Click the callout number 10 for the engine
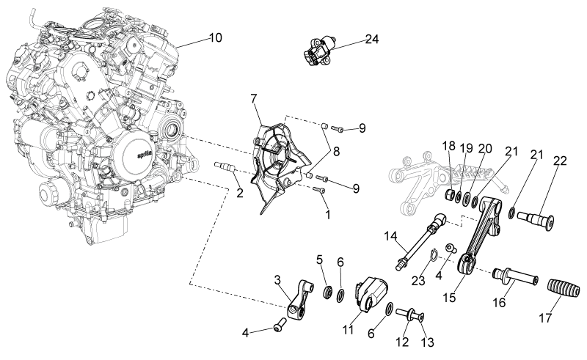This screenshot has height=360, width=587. [x=216, y=38]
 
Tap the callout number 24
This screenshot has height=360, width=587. [x=372, y=39]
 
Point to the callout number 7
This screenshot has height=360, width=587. [x=254, y=99]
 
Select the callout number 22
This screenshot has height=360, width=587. [x=560, y=161]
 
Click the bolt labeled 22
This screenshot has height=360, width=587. [x=536, y=220]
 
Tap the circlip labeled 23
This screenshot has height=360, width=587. [x=432, y=257]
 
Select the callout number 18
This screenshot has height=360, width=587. [x=449, y=146]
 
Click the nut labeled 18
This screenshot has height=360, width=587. [x=451, y=194]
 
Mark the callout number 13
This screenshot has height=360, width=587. [x=428, y=342]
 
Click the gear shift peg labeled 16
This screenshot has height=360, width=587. [x=516, y=276]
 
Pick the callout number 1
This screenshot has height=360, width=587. [x=328, y=215]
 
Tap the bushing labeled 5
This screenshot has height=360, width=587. [x=328, y=291]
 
